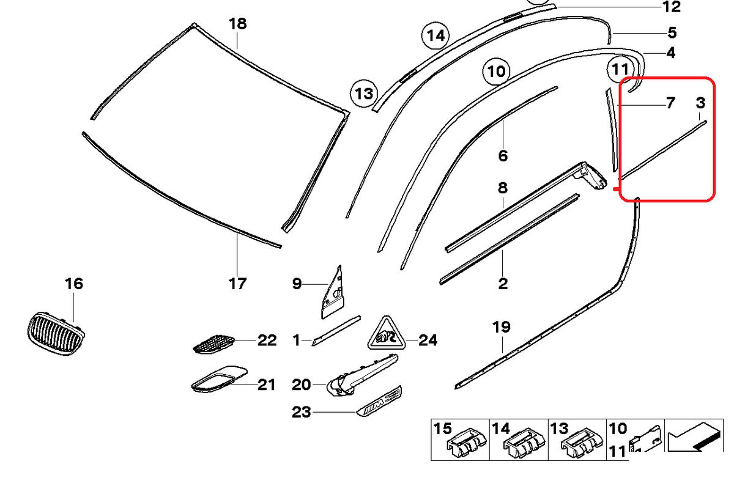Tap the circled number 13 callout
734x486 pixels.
365,94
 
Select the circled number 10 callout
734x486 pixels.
497,72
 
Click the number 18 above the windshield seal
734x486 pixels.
237,24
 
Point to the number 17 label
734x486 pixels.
237,284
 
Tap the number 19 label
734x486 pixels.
501,327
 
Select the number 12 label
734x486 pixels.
672,7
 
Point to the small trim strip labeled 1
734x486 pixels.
336,331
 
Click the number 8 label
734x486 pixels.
503,187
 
